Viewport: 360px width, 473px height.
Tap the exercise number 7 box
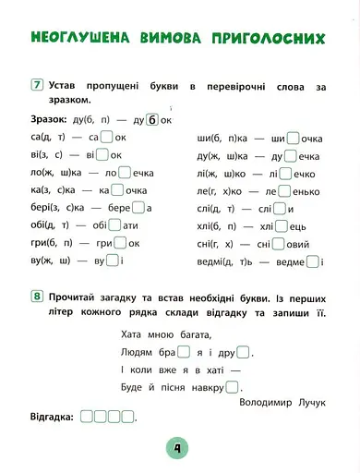point(38,86)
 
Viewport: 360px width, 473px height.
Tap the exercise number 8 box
point(38,297)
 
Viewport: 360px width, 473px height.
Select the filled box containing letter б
point(154,120)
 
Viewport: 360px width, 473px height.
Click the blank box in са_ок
point(106,138)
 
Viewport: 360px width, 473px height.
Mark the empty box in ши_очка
point(293,138)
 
